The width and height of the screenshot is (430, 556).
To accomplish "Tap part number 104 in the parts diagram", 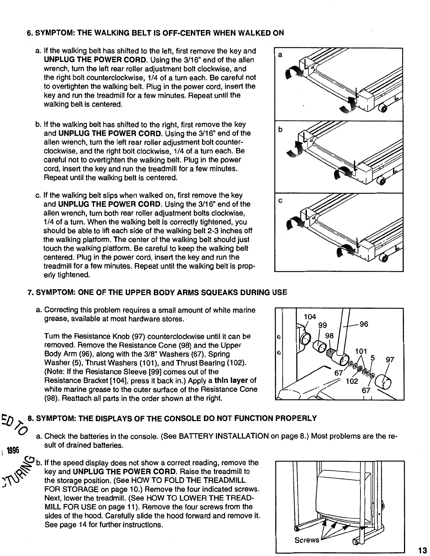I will [x=310, y=317].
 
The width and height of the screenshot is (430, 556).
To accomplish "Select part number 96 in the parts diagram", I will [x=363, y=324].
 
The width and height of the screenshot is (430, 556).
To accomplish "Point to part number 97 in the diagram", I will [x=390, y=360].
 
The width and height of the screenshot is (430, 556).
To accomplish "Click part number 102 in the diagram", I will [x=352, y=381].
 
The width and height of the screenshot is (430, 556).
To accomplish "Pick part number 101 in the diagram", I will [x=361, y=351].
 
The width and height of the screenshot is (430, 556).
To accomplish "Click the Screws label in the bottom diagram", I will [x=307, y=540].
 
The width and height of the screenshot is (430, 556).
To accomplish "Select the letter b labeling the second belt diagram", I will [x=280, y=130].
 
